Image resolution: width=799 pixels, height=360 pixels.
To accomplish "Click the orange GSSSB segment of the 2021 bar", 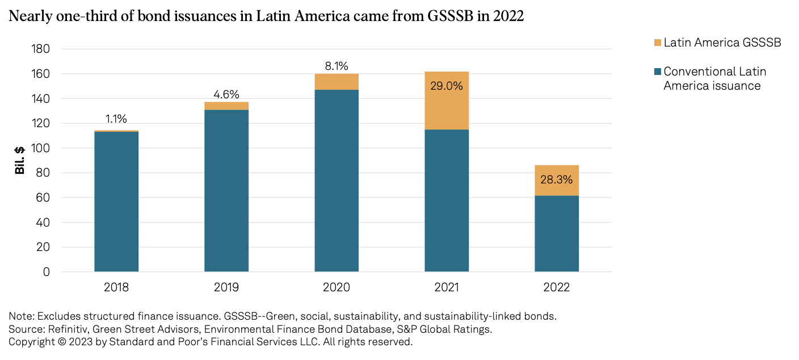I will (x=447, y=108).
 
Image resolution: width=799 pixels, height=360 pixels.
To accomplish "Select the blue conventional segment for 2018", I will (x=116, y=202).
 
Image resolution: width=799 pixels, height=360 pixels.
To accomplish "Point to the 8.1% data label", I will (x=337, y=66).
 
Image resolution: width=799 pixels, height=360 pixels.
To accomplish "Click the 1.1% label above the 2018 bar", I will (x=116, y=119).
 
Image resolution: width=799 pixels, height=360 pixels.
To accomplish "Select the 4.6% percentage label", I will (x=226, y=94).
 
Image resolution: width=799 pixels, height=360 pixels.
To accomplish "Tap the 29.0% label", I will (x=447, y=86).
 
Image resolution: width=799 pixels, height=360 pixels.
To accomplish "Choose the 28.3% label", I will (x=557, y=179).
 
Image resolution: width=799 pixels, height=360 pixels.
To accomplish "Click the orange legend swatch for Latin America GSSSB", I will (x=658, y=43).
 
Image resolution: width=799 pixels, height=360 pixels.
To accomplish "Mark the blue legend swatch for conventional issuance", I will (x=658, y=72).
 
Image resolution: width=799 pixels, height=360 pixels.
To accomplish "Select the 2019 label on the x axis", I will (x=226, y=287).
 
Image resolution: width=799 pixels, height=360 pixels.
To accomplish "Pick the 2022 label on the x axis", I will (x=557, y=287).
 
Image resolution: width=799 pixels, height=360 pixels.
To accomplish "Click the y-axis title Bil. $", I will (x=20, y=161).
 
